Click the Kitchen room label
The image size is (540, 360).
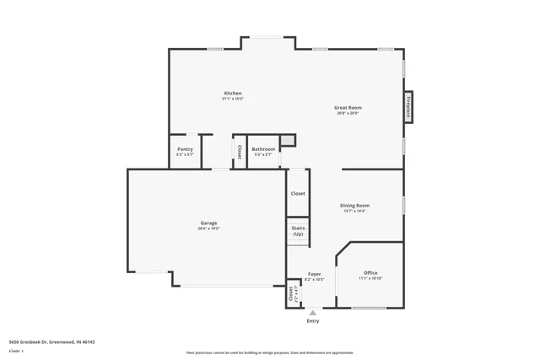233,93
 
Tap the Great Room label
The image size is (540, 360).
348,108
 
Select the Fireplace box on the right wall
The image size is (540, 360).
408,107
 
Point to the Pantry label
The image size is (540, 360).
185,149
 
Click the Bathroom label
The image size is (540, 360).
263,149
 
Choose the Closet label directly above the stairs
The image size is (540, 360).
298,194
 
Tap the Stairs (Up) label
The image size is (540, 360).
298,231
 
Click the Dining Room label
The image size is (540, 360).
354,205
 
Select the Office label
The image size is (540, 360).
370,273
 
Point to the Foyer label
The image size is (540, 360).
314,274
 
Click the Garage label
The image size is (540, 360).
208,223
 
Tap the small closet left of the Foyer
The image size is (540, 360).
291,293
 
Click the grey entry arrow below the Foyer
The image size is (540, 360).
313,312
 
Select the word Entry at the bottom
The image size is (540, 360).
313,320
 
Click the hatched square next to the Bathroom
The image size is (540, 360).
288,140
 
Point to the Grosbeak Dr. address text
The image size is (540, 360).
51,342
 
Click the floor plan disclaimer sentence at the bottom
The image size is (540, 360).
270,352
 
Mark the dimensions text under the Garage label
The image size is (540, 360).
208,228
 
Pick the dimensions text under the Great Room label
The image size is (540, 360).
348,114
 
